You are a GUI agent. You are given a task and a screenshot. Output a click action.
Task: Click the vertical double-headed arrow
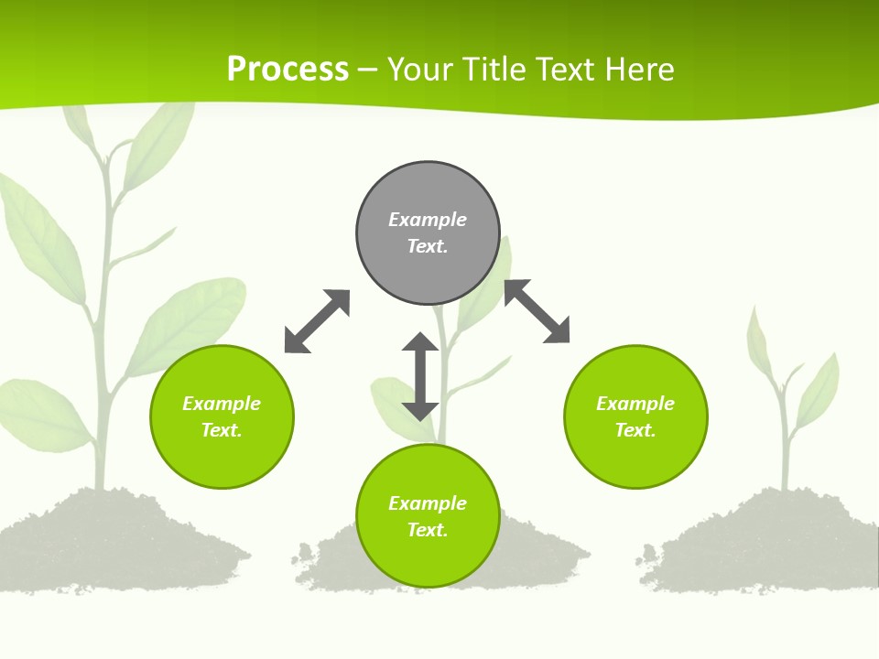click(420, 376)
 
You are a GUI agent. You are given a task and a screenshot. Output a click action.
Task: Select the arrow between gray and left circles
click(317, 321)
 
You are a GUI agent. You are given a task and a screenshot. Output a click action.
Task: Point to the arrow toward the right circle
click(537, 311)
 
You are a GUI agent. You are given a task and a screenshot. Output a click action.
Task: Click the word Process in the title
click(288, 70)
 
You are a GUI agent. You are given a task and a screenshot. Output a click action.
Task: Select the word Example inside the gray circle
click(428, 220)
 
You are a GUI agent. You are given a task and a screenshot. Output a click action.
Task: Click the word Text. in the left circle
click(222, 430)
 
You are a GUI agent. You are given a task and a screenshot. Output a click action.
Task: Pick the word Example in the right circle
click(635, 404)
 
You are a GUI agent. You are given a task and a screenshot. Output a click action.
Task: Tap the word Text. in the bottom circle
click(428, 530)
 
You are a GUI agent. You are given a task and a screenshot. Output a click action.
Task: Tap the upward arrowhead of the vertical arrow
click(420, 344)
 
